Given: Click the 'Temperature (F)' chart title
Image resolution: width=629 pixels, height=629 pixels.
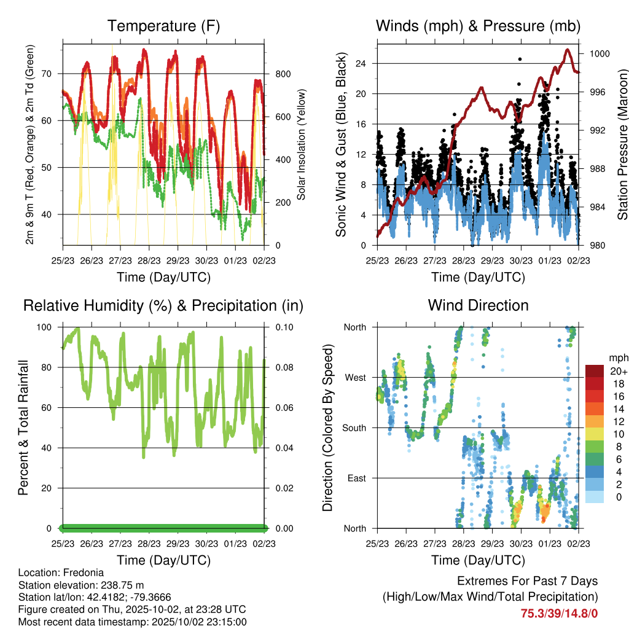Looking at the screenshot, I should point(163,26).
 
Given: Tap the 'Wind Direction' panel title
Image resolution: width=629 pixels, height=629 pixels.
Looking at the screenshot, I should point(478,305).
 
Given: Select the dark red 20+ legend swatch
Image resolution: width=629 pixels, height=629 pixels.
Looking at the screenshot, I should point(596,372).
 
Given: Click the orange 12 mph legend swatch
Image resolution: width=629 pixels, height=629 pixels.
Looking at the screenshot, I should point(596,421).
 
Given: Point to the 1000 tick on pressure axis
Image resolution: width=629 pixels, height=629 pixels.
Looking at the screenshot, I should point(600,54).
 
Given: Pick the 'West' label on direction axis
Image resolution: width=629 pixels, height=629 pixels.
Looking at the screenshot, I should point(354,377).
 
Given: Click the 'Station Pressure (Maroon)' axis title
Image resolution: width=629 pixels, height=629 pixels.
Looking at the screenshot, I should point(622,144).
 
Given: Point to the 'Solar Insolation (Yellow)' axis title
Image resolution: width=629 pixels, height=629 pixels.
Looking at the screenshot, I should point(302,144).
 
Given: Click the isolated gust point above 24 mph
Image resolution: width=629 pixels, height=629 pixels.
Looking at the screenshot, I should point(520,59).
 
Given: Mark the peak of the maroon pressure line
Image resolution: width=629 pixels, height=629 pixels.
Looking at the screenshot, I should point(568,50).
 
